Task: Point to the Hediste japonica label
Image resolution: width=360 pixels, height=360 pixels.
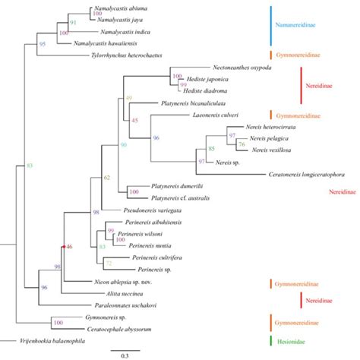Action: (x=206, y=77)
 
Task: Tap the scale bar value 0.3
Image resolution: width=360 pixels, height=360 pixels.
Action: (x=125, y=355)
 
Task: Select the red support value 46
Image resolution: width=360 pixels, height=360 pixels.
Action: (x=69, y=247)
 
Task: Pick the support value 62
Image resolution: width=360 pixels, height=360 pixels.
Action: (x=107, y=178)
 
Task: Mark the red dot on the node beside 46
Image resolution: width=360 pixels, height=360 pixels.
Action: (x=63, y=247)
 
